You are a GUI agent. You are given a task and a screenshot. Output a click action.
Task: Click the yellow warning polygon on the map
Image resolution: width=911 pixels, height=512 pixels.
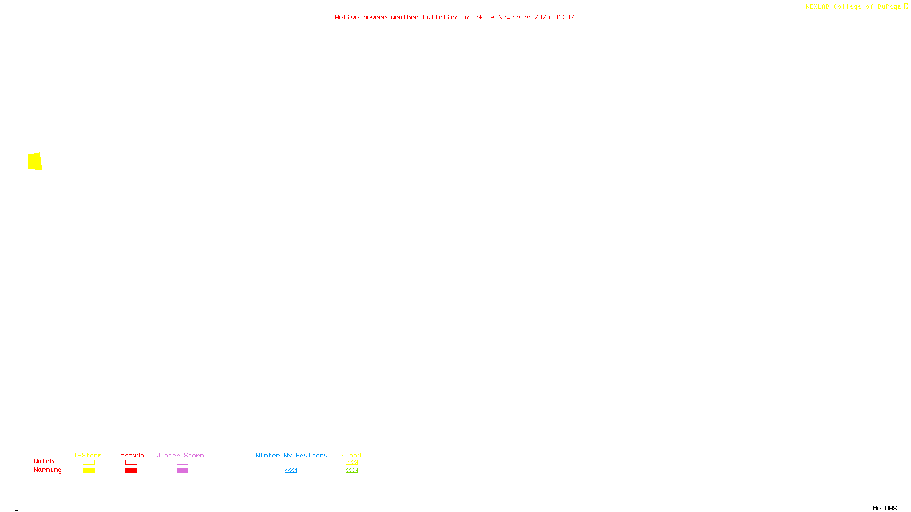point(35,161)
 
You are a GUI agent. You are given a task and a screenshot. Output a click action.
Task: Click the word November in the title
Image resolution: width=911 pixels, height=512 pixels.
point(514,17)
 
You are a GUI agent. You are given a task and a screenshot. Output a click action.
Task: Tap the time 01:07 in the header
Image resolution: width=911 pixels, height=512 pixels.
point(564,17)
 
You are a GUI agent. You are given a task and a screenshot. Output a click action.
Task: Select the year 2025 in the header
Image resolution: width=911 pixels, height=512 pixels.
point(542,17)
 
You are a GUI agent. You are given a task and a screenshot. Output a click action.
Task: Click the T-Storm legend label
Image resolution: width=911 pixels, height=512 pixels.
point(88,455)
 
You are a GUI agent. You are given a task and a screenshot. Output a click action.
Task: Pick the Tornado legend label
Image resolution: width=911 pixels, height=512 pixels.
point(130,455)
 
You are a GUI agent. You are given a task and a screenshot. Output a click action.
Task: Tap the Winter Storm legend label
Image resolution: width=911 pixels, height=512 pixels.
point(180,455)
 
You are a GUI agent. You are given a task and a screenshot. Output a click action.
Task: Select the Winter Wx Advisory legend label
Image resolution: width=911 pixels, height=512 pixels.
point(292,455)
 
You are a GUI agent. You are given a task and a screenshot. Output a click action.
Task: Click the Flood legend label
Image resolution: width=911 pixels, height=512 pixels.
point(351,455)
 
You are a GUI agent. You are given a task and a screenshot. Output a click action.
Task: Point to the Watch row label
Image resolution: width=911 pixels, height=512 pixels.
point(44,461)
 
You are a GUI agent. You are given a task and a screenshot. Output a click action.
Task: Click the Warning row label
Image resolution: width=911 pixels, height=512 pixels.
point(48,470)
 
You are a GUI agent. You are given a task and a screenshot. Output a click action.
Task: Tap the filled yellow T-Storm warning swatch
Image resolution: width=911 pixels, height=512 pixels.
point(88,470)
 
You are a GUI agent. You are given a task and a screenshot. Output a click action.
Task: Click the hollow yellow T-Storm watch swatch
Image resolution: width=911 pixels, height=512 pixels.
point(88,463)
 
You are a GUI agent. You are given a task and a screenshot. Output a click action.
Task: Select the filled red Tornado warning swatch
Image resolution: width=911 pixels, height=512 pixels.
point(131,470)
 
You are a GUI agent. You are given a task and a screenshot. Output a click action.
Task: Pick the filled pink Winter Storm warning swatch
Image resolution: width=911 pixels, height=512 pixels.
point(182,470)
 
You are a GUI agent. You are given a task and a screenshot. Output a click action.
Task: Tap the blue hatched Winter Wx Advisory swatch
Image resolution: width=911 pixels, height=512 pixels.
point(290,470)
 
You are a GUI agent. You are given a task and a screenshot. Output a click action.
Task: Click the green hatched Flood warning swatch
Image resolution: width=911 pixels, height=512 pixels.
point(351,470)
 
